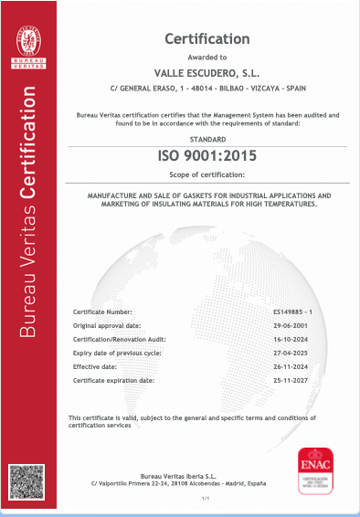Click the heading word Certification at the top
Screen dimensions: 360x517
click(206, 38)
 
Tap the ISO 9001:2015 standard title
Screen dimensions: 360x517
click(206, 157)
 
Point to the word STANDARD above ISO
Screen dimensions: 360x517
click(206, 138)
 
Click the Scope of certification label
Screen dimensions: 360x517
click(206, 174)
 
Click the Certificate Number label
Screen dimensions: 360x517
click(102, 312)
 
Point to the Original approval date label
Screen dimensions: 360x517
click(107, 325)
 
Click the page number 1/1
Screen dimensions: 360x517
click(206, 499)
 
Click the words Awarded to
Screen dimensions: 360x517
click(206, 57)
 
